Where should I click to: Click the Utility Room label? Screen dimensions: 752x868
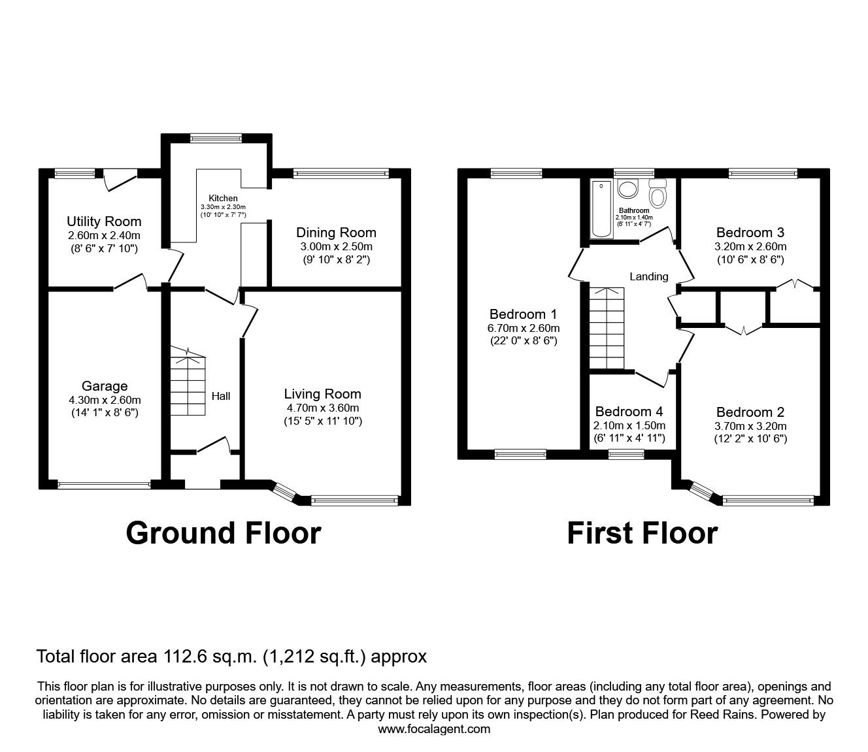(x=104, y=221)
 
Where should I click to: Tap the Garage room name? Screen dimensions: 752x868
(x=105, y=386)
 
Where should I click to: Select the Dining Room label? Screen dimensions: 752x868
(x=336, y=233)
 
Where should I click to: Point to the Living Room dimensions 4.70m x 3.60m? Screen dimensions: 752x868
(x=322, y=408)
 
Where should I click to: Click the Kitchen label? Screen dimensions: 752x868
(x=223, y=198)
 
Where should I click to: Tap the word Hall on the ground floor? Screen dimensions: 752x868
(x=221, y=396)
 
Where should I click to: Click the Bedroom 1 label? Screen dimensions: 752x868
(x=524, y=314)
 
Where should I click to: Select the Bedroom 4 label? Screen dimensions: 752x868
(x=629, y=412)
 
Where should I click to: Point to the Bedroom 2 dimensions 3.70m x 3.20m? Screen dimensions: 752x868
(x=750, y=426)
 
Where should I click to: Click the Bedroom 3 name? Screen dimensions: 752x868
(x=750, y=233)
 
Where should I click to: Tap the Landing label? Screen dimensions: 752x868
(x=648, y=276)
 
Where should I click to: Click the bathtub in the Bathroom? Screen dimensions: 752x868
(x=600, y=209)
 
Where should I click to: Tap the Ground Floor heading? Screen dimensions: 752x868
(x=223, y=533)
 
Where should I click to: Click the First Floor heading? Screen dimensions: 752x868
(x=641, y=533)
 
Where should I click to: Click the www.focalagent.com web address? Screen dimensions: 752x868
(x=434, y=729)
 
